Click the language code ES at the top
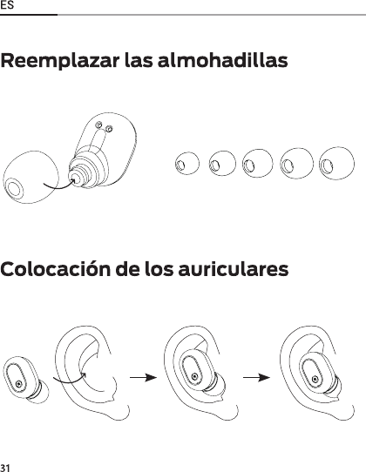pos(7,5)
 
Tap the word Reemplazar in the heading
pos(60,61)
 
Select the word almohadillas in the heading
pos(222,60)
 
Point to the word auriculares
pos(234,269)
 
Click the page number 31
pos(5,468)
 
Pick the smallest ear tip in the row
pos(186,163)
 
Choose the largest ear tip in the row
pos(336,164)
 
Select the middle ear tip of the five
pos(258,164)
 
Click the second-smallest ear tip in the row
pos(222,164)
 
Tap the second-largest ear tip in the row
pos(296,164)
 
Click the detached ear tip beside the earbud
pos(30,178)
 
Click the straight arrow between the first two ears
pos(144,377)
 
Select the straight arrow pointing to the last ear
pos(256,377)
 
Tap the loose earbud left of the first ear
pos(25,380)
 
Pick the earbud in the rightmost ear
pos(320,374)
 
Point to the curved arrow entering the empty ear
pos(70,381)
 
